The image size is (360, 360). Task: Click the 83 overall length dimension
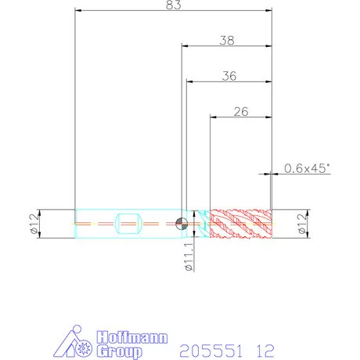pos(174,5)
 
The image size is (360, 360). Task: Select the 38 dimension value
pos(227,41)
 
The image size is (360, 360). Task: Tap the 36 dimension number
pos(229,76)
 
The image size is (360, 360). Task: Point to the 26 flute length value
pos(241,112)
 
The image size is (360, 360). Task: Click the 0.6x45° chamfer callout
pos(307,168)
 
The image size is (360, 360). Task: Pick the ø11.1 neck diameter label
pos(189,257)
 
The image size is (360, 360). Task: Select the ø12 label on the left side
pos(34,224)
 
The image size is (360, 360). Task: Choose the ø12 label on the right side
pos(302,224)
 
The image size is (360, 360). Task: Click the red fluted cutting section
pos(241,224)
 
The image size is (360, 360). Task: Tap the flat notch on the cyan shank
pos(128,224)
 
